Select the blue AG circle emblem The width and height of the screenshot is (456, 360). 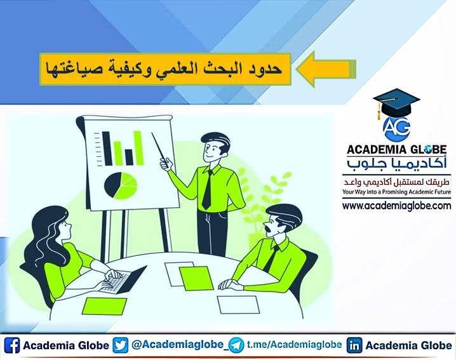click(395, 127)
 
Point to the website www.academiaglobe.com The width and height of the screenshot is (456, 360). click(396, 206)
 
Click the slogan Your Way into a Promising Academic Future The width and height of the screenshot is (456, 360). click(396, 191)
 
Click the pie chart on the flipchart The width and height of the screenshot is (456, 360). click(121, 184)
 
